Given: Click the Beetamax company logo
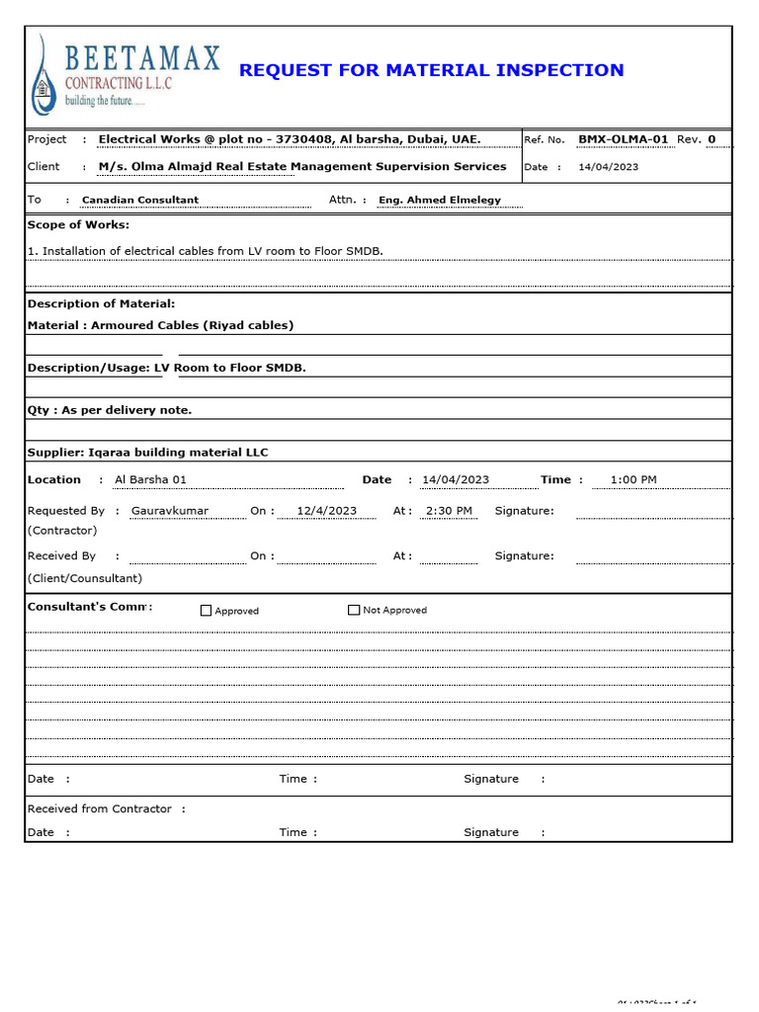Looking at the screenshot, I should tap(125, 73).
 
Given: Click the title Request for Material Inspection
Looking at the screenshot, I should tap(431, 70).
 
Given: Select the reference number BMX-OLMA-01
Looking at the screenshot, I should tap(623, 139).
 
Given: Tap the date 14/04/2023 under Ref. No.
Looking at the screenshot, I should tap(608, 167).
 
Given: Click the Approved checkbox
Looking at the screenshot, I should tap(207, 611).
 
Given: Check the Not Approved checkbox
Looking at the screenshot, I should tap(354, 611).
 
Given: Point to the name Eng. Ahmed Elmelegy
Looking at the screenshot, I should tap(440, 200).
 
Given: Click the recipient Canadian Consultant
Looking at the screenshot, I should tap(140, 200).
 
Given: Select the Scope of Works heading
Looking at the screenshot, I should tap(78, 225).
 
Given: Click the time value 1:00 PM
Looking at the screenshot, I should tap(633, 480).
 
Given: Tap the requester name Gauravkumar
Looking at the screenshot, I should tap(170, 511).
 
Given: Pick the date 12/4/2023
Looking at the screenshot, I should tap(326, 511).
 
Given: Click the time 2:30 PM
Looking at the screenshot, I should tap(448, 511).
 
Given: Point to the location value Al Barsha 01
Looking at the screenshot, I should tap(150, 480).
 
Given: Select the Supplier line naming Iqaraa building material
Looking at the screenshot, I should tap(148, 453).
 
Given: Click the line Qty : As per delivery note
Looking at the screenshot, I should tap(110, 410).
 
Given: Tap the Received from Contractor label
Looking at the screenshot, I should tap(100, 808).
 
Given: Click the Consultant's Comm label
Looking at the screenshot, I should tap(90, 607).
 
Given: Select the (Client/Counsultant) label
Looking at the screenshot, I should tap(85, 578).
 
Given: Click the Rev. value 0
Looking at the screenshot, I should tap(712, 139).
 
